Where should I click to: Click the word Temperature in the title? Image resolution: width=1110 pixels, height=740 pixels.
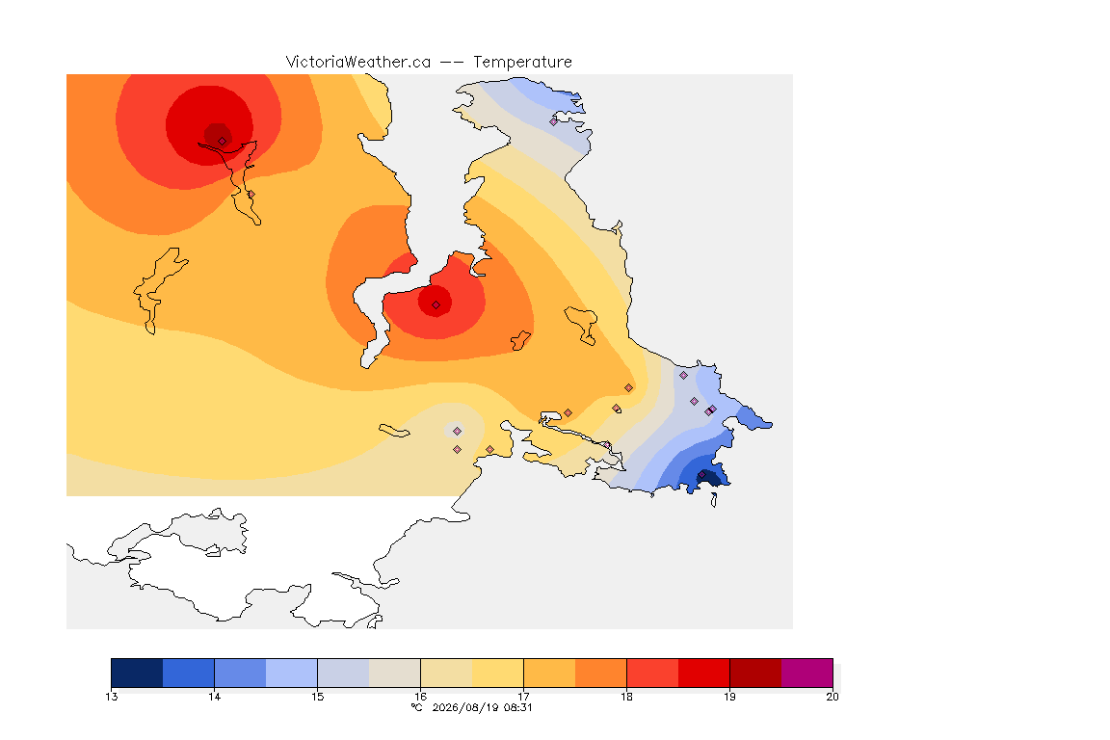tap(522, 63)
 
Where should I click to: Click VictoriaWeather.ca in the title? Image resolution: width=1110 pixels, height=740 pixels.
tap(358, 63)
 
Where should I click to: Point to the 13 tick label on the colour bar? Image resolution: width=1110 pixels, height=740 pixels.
tap(112, 697)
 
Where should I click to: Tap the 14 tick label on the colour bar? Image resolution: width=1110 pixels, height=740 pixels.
tap(215, 697)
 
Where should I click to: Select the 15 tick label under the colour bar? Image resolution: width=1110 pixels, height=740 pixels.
tap(318, 697)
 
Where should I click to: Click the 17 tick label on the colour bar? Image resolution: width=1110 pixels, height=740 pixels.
tap(524, 697)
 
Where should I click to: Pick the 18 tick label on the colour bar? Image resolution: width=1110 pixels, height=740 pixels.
tap(626, 697)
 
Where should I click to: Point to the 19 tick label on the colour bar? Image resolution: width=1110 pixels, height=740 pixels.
tap(729, 697)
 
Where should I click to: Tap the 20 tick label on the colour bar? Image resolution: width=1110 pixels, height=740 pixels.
tap(832, 697)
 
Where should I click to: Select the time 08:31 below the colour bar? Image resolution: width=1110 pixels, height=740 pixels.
tap(517, 707)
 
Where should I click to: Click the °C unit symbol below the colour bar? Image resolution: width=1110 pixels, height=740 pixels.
tap(417, 707)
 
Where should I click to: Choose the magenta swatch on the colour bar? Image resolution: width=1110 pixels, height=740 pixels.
tap(807, 673)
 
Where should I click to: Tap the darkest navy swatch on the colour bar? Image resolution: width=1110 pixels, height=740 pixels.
tap(138, 673)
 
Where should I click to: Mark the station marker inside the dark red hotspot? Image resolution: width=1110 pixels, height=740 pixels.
tap(223, 142)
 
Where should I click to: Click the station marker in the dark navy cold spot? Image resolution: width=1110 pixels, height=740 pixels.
tap(702, 474)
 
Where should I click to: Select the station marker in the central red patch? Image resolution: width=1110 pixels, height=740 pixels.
tap(436, 305)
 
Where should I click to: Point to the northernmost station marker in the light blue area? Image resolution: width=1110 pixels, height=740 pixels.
tap(554, 121)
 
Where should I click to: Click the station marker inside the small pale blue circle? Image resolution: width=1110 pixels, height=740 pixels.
tap(458, 432)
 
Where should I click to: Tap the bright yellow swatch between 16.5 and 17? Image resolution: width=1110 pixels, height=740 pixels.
tap(497, 673)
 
